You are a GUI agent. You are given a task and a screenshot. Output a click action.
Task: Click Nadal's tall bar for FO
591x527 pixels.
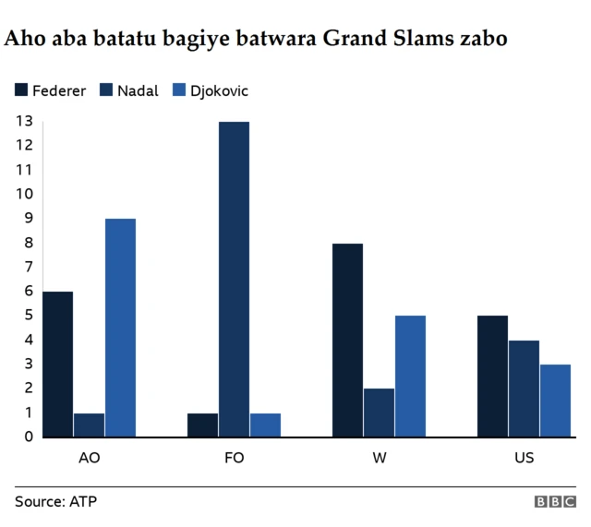234,279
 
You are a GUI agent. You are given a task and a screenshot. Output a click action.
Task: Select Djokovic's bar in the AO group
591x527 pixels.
120,327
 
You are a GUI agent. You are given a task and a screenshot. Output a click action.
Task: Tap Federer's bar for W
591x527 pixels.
347,340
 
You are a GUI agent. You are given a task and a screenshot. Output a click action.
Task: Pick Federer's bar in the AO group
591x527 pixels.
57,364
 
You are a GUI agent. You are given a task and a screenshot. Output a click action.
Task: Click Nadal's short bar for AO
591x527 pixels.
89,425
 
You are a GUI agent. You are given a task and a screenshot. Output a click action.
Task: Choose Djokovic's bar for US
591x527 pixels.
555,400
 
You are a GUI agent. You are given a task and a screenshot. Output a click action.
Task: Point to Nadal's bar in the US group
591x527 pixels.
524,388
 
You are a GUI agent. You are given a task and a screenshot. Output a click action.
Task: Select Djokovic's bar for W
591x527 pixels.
410,376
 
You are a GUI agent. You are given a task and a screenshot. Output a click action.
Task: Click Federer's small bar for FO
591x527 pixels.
202,425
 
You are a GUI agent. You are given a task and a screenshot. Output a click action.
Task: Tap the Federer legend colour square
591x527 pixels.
21,90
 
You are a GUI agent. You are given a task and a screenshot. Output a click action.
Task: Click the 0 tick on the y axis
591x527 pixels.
28,437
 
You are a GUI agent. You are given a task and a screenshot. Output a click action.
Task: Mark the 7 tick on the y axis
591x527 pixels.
28,267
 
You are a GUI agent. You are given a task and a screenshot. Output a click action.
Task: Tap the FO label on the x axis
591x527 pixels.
234,458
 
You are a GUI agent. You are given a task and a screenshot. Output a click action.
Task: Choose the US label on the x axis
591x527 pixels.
524,458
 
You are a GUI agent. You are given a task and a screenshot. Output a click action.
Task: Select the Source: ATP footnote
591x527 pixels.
55,502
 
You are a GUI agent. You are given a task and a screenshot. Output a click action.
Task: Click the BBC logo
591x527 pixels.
554,502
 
